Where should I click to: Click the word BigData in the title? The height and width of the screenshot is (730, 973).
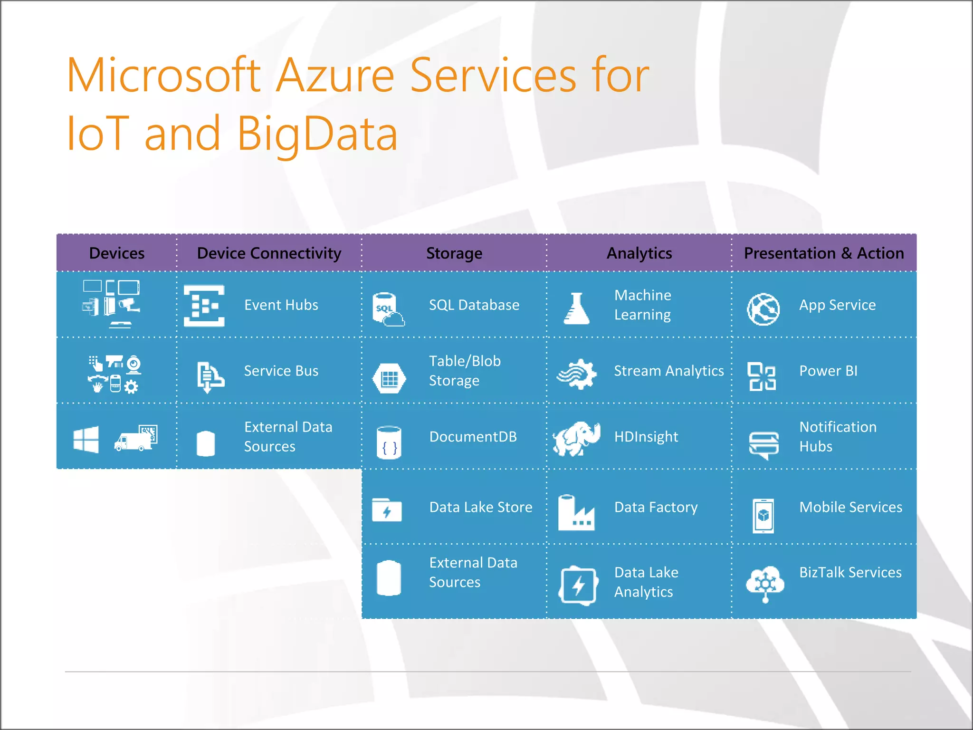coord(317,134)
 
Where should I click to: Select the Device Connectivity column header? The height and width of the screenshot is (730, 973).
coord(269,253)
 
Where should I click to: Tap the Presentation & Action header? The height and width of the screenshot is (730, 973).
coord(823,253)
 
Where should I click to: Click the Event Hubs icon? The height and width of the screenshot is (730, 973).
coord(204,306)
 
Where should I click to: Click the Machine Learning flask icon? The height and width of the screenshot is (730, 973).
coord(576,309)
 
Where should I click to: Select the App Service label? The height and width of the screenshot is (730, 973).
coord(837,305)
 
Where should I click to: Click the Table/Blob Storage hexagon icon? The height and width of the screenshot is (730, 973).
coord(389,378)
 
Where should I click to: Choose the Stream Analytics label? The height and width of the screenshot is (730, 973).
coord(668,371)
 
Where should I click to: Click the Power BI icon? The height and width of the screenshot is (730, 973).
coord(762,376)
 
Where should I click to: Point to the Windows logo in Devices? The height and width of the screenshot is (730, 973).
coord(86,439)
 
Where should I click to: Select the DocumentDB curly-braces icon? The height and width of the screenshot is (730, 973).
coord(389,442)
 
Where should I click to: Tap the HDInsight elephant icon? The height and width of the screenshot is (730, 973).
coord(576,438)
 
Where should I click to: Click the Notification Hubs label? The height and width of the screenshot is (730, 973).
coord(837,436)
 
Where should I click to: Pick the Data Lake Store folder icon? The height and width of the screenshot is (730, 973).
coord(387,510)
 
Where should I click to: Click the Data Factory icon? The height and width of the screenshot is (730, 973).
coord(576,513)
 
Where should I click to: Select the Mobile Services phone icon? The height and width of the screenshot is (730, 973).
coord(763,516)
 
